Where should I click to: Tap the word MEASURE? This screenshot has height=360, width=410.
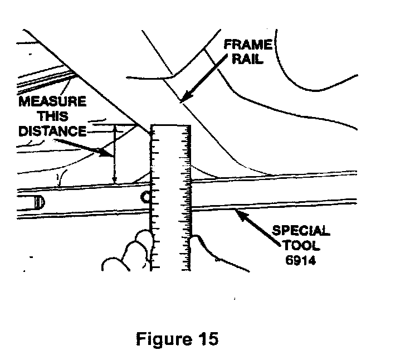coord(52,103)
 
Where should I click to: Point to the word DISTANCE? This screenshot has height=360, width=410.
coord(52,132)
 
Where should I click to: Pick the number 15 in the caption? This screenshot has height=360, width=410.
coord(207,339)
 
